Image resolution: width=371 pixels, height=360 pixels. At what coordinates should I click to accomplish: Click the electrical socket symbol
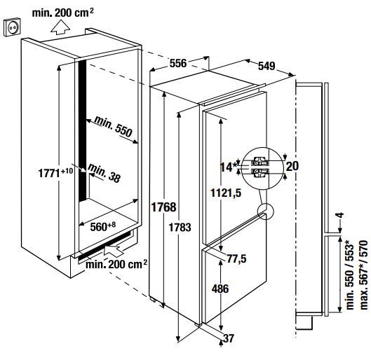(x=13, y=27)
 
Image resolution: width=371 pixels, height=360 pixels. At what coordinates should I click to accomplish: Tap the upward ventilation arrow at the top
(x=60, y=27)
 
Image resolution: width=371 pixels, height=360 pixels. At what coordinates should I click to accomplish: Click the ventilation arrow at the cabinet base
(x=113, y=251)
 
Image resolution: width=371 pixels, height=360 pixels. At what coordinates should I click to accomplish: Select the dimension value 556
(x=178, y=63)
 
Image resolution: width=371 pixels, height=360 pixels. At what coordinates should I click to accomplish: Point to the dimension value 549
(x=267, y=66)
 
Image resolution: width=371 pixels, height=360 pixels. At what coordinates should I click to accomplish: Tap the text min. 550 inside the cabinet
(x=113, y=126)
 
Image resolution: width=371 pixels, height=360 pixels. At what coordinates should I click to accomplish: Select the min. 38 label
(x=104, y=174)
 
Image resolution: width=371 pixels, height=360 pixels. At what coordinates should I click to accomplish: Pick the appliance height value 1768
(x=163, y=207)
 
